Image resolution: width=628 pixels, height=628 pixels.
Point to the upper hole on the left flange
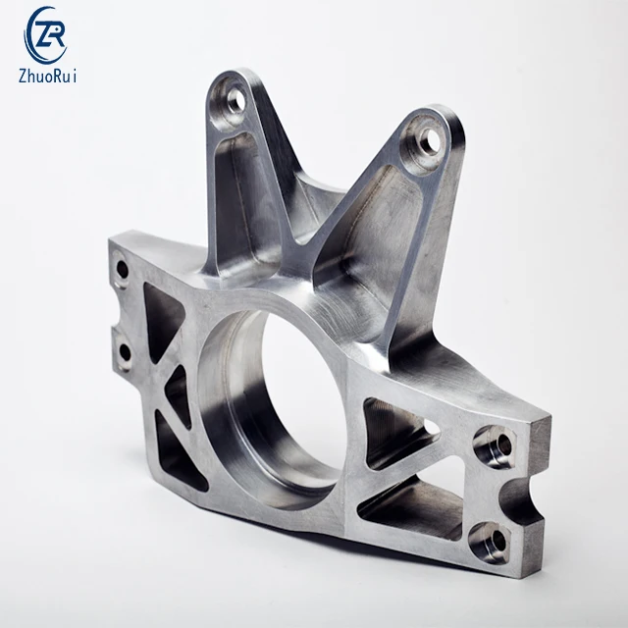tap(122, 268)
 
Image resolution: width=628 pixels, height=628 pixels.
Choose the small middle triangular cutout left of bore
tap(177, 389)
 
